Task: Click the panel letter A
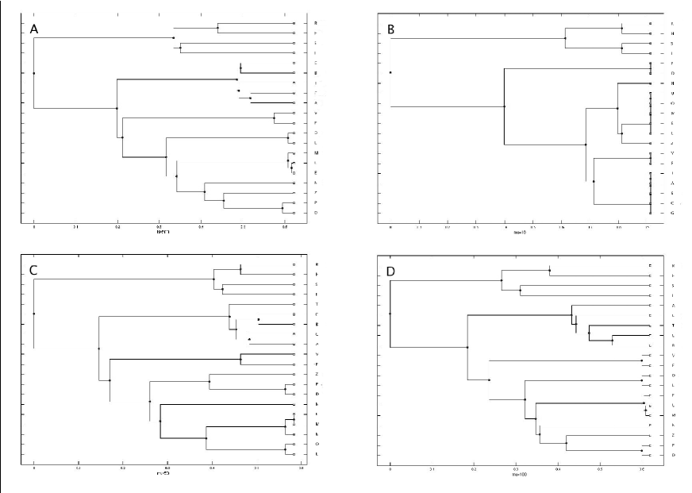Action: [x=34, y=29]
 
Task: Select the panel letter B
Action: [x=391, y=29]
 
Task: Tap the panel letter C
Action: [x=34, y=270]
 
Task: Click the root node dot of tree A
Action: [x=34, y=73]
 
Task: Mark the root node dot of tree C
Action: [x=34, y=314]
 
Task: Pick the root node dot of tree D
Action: [x=390, y=314]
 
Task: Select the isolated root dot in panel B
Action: [x=391, y=73]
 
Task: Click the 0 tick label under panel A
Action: [x=34, y=226]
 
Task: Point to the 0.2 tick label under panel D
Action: [x=474, y=468]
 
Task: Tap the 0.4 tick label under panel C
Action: [x=212, y=468]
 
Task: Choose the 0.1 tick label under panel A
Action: [x=76, y=226]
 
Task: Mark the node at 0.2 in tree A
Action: [x=117, y=108]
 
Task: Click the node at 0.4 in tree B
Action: [x=505, y=106]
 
